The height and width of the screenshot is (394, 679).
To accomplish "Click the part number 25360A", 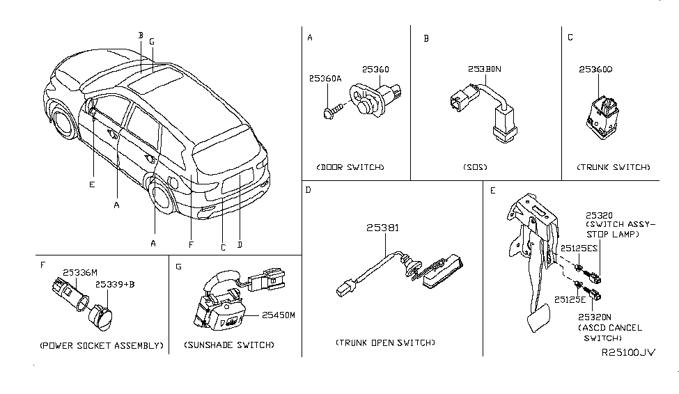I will (326, 79).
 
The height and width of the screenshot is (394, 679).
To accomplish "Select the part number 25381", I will (382, 228).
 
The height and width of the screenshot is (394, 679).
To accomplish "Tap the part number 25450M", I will (279, 315).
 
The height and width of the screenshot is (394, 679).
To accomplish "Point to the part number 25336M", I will (80, 273).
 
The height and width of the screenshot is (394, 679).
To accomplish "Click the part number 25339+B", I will (114, 285).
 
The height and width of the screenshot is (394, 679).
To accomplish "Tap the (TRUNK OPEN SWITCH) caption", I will (384, 342).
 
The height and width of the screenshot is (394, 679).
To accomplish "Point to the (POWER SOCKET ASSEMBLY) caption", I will (102, 345).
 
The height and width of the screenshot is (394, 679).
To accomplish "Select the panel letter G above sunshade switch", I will (178, 267).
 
